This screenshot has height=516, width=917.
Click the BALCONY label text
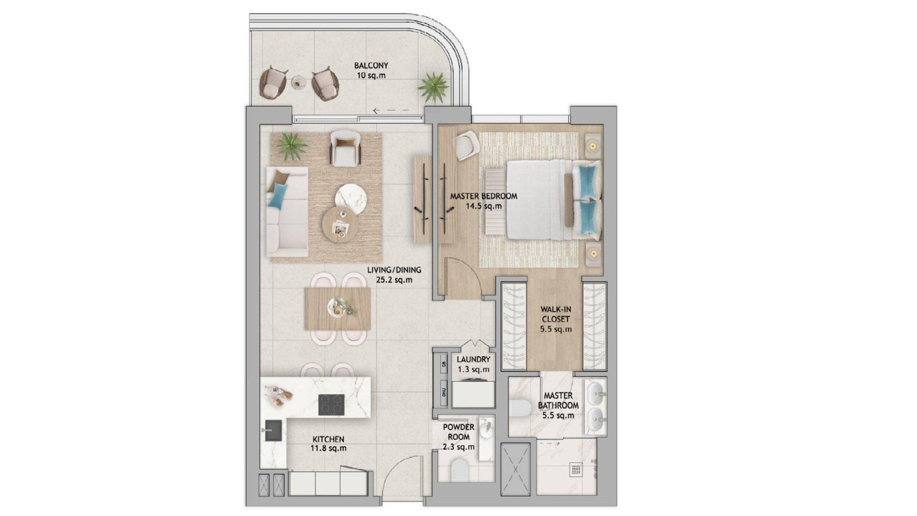click(371, 65)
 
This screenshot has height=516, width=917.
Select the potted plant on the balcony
click(433, 87)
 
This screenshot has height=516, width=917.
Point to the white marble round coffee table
click(351, 199)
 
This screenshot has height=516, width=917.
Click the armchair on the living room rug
click(346, 148)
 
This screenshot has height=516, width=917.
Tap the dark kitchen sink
click(273, 431)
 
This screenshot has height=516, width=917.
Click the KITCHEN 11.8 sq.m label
click(328, 444)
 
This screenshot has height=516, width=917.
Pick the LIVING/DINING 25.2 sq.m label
click(394, 275)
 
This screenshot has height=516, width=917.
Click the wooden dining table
click(338, 308)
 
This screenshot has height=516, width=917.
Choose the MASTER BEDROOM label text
click(484, 196)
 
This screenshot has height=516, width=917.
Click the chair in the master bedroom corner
click(468, 146)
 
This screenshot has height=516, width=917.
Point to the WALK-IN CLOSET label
click(555, 314)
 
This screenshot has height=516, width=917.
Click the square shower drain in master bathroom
click(576, 470)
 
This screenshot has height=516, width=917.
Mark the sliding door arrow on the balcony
click(391, 111)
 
